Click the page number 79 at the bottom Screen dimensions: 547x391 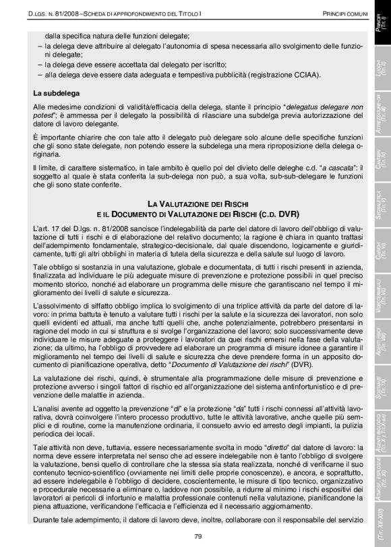coord(198,535)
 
